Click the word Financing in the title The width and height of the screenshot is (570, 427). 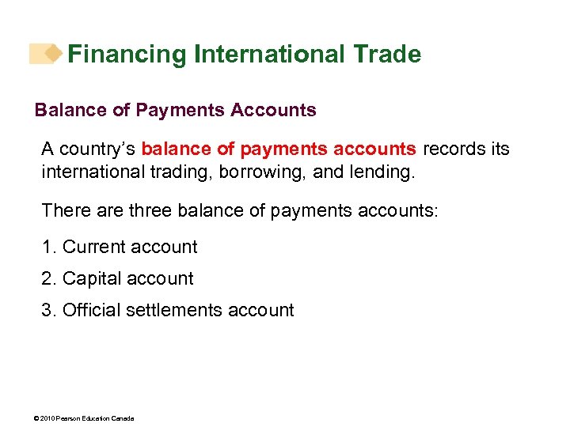(x=127, y=55)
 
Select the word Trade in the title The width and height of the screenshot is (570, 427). (x=387, y=55)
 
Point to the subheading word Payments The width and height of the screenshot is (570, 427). (x=180, y=111)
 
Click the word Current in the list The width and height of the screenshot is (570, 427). (x=93, y=248)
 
